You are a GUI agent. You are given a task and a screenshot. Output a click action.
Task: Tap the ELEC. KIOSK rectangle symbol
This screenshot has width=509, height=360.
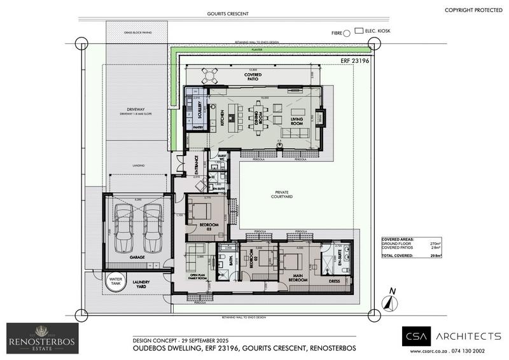pos(359,30)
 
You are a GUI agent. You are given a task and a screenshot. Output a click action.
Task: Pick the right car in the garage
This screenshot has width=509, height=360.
pos(153,228)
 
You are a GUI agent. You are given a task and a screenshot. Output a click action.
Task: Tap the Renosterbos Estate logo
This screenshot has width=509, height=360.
pos(43,338)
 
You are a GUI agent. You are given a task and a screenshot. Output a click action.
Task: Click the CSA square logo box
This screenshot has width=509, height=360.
pos(415,337)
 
